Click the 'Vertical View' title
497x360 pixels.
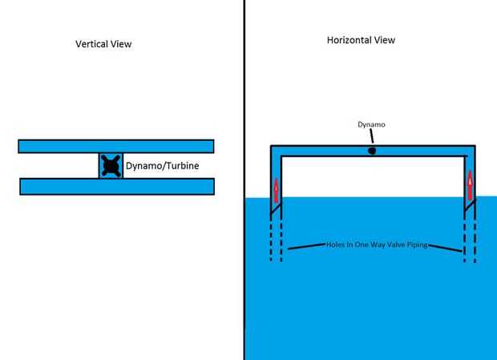98,44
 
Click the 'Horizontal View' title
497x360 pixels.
361,40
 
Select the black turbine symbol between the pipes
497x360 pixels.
111,166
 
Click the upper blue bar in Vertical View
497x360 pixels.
115,146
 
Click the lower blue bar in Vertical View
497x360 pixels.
115,186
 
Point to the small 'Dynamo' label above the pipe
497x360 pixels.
370,125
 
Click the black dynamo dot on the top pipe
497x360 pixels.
372,150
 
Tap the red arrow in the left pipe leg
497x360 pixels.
275,189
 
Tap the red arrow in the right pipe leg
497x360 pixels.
470,185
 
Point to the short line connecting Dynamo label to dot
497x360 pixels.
371,137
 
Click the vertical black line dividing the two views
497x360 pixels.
244,180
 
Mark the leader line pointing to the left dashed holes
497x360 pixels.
305,246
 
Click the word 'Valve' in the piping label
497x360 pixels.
388,244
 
